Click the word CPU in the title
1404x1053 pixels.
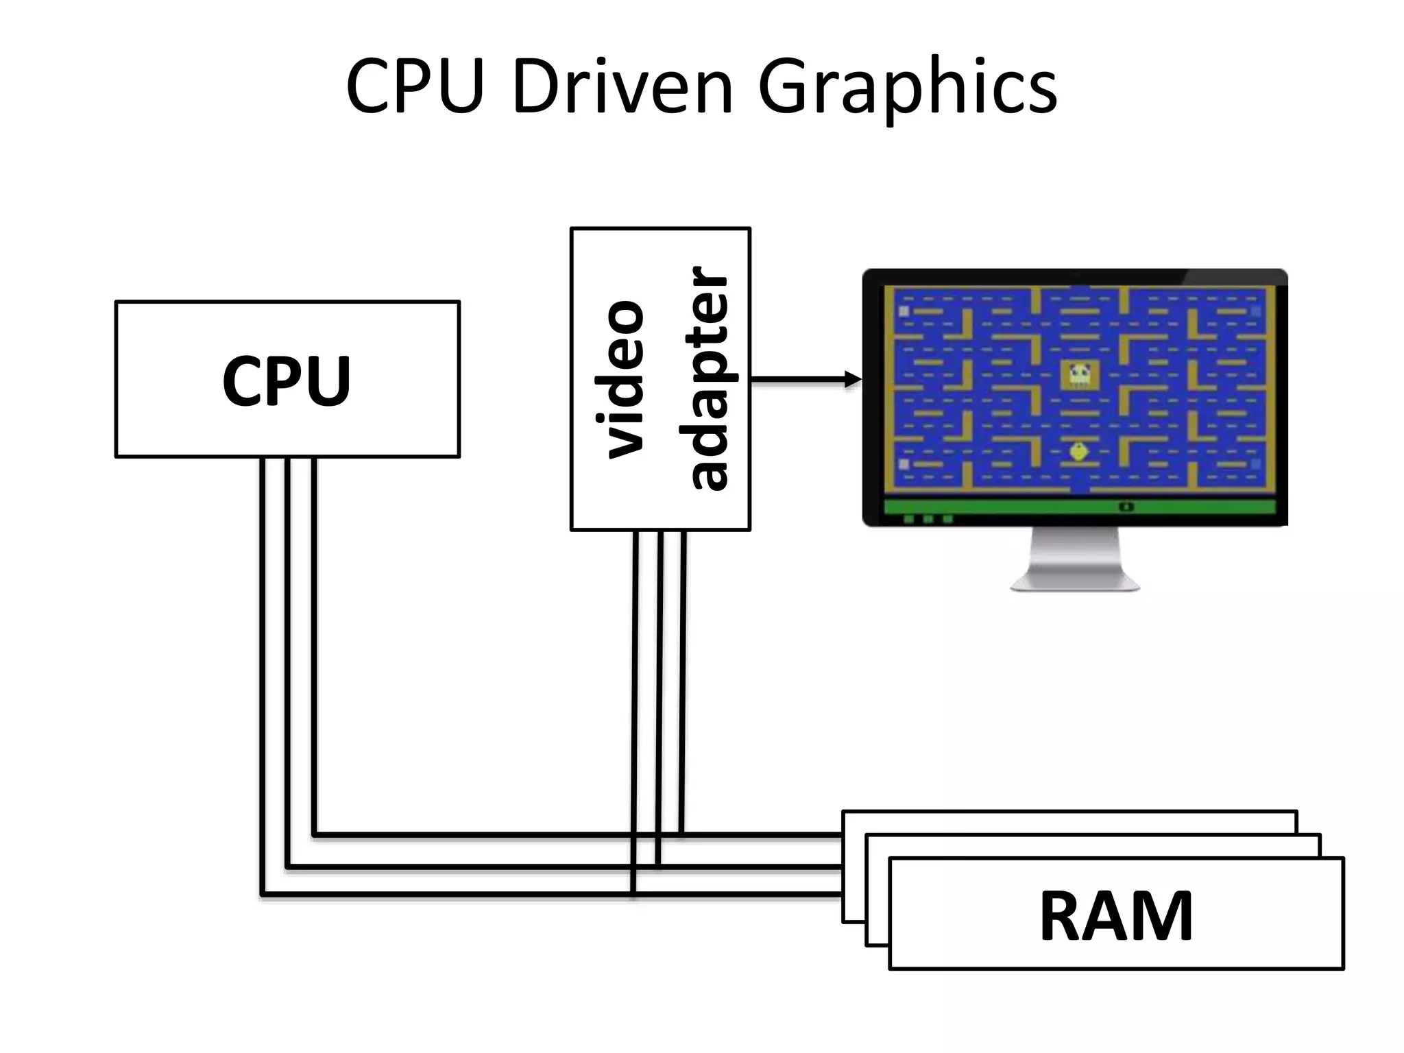click(x=415, y=88)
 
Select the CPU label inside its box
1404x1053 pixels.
click(x=287, y=381)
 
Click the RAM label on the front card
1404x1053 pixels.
click(x=1116, y=917)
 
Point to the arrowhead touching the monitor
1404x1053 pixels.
click(x=853, y=379)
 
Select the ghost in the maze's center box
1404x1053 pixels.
click(x=1079, y=374)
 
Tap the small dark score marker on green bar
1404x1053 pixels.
click(x=1126, y=507)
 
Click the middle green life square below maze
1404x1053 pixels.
click(x=928, y=519)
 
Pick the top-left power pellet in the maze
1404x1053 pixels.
click(x=904, y=311)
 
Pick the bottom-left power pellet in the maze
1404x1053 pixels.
click(x=904, y=464)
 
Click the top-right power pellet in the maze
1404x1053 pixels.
click(x=1256, y=311)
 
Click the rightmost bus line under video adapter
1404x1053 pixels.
click(x=683, y=686)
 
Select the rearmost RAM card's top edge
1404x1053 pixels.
click(x=1069, y=813)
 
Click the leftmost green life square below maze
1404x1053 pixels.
click(x=909, y=519)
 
